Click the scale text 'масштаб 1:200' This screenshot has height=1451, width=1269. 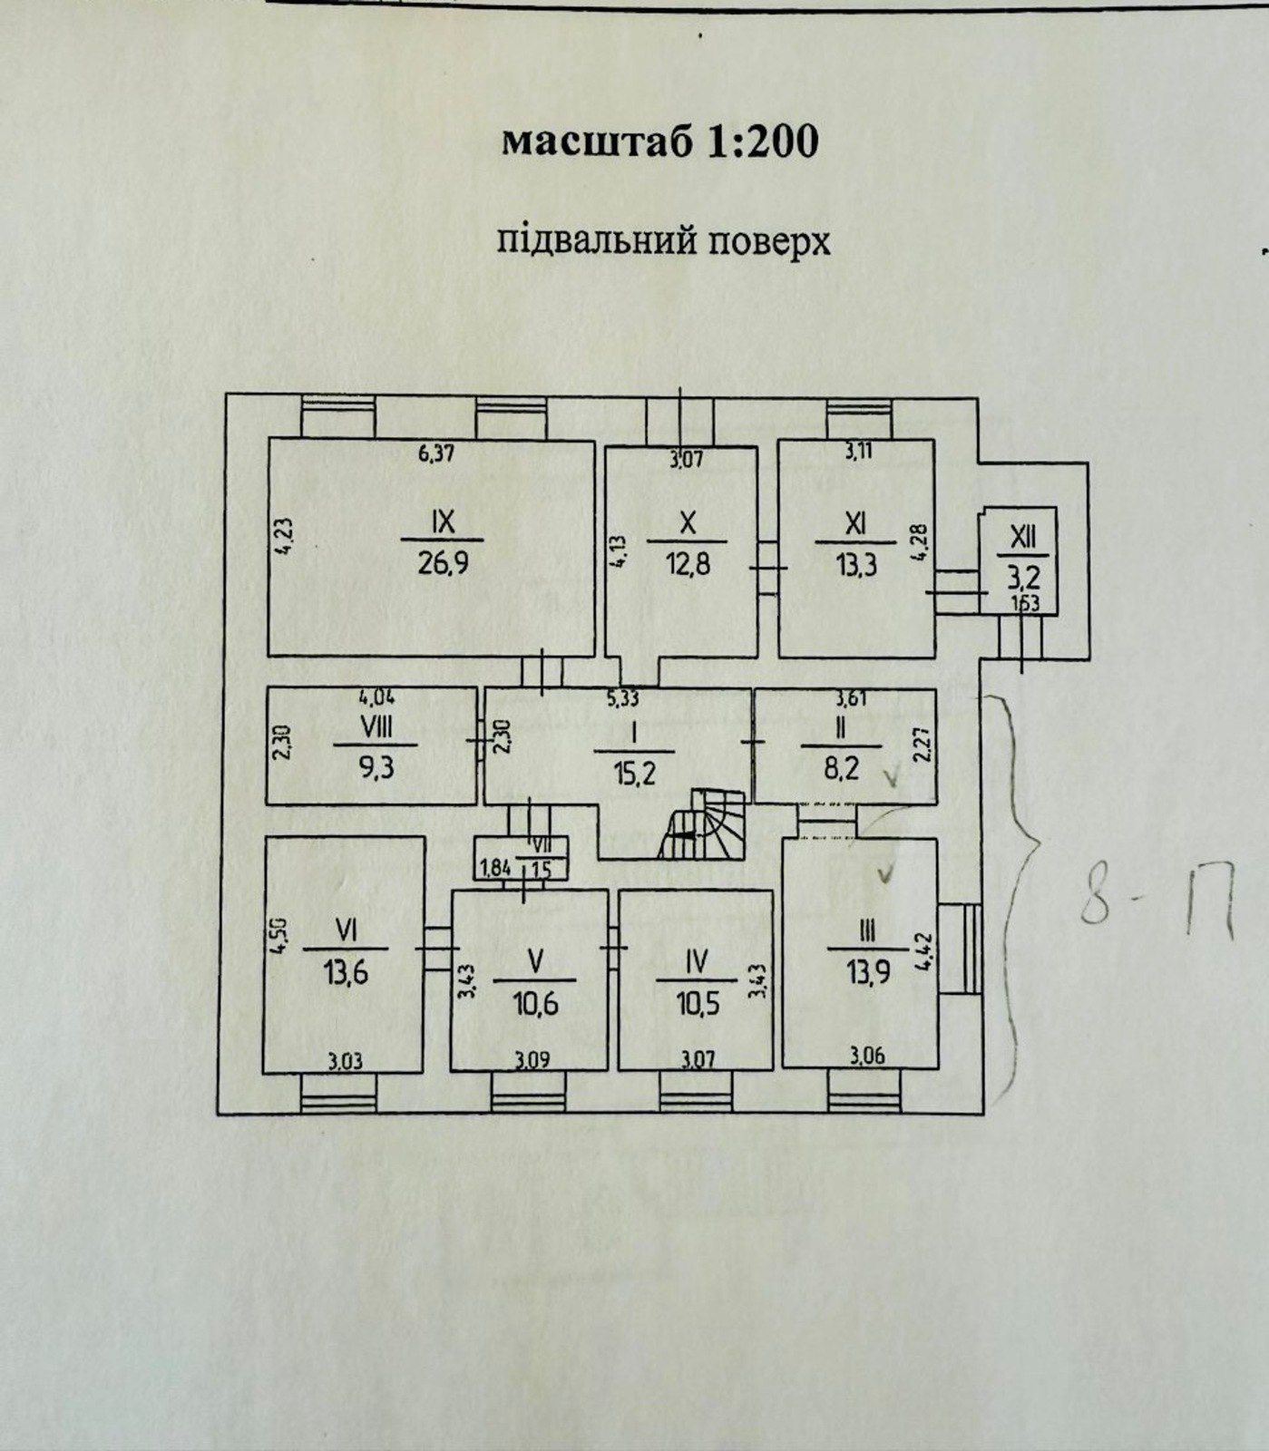(x=660, y=141)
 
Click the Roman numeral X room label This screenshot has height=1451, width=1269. (x=688, y=522)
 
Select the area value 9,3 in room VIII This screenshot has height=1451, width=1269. (x=375, y=766)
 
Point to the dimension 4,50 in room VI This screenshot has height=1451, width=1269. (x=280, y=937)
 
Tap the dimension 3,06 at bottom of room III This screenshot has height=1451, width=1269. (x=868, y=1055)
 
